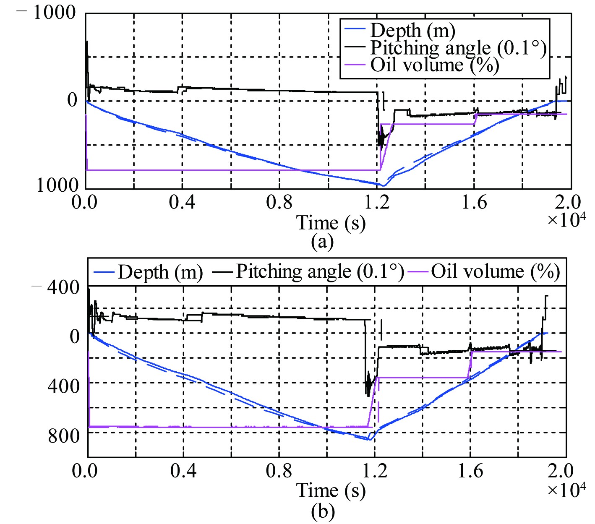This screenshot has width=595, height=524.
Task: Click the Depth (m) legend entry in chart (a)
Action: (412, 31)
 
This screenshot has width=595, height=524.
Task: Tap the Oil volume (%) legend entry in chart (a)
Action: (434, 65)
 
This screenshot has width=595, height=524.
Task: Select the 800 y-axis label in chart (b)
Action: (63, 436)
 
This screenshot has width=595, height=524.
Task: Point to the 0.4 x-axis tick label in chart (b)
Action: (183, 471)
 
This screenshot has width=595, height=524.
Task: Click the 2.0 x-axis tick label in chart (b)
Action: (560, 471)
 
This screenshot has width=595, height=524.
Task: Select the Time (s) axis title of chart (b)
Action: (331, 490)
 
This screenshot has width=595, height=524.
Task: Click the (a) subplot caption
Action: (322, 242)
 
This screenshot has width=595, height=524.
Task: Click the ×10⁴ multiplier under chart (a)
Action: (566, 219)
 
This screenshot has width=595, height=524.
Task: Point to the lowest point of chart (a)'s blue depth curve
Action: (383, 185)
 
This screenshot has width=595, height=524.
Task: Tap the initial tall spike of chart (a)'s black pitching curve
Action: (86, 42)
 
